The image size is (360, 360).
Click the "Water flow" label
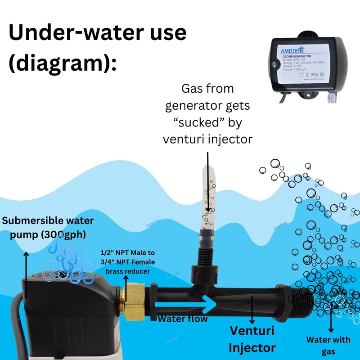pos(182,319)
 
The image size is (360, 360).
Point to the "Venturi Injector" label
pos(252,339)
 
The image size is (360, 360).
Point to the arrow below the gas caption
pos(207,180)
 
